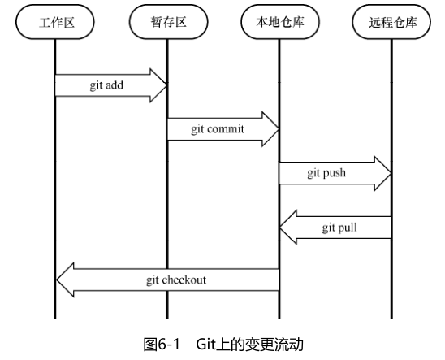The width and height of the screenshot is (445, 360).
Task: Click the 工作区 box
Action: (55, 24)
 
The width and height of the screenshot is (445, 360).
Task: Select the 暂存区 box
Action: (167, 24)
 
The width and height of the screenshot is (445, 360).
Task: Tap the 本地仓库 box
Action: (279, 24)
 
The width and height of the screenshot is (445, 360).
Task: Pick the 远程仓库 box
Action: (391, 24)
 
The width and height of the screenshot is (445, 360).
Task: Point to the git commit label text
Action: (217, 129)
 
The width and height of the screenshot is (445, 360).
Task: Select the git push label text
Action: (326, 173)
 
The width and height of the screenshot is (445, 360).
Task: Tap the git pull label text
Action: (339, 228)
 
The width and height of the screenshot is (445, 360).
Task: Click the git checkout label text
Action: (176, 280)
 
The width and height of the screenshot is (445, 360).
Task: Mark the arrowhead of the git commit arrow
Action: (270, 129)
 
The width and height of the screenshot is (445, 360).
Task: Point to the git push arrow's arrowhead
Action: (382, 173)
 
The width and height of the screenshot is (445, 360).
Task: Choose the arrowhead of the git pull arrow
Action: (289, 228)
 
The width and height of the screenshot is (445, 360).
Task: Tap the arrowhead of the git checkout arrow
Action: (66, 280)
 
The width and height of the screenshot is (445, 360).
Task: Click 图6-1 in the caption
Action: (161, 345)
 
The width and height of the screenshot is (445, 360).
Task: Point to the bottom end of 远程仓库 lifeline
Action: (391, 316)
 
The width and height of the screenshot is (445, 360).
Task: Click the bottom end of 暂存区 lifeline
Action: (167, 316)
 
